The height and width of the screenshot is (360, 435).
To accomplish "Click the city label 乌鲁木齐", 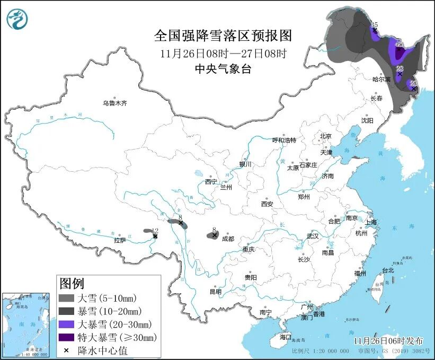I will pos(115,103).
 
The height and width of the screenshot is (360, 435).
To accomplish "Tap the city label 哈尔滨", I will pos(380,80).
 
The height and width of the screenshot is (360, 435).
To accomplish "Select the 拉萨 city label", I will pos(120,240).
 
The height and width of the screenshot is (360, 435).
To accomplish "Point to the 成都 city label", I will pos(228,239).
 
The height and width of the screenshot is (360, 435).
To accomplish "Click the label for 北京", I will pos(325,136).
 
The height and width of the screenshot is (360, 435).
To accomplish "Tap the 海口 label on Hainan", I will pos(286,337).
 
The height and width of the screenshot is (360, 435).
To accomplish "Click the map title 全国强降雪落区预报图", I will pos(223,36).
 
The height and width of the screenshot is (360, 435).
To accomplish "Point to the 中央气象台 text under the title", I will pos(223,68).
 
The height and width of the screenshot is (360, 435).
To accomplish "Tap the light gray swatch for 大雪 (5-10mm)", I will pos(67,298).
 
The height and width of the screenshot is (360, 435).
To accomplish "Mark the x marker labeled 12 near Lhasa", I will pos(155,236).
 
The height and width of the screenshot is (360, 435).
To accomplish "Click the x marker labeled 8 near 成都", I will pos(214,235).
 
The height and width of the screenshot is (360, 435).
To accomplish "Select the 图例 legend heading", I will pos(72,283).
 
